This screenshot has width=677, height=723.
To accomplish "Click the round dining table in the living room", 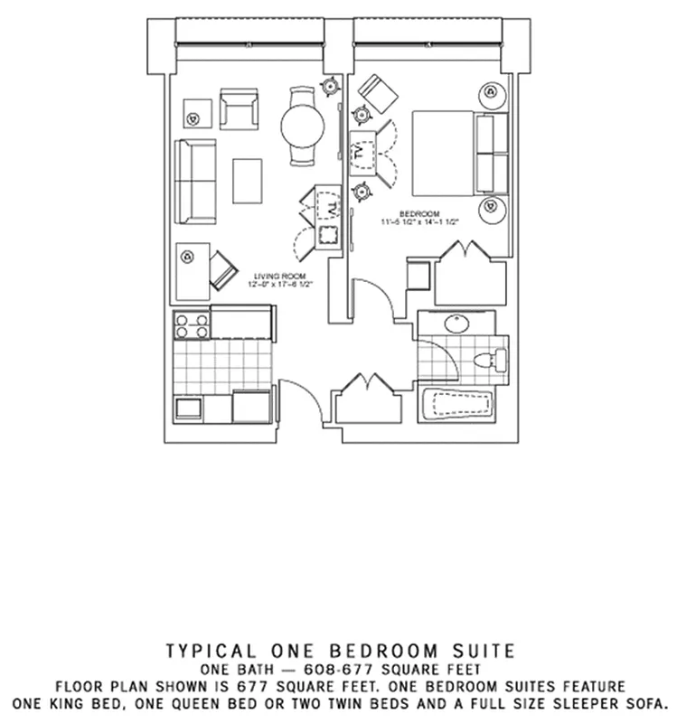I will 302,127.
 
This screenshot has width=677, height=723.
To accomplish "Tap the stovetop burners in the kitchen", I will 191,325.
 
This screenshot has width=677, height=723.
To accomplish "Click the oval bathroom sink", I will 456,324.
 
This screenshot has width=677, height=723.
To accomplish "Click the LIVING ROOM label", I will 279,276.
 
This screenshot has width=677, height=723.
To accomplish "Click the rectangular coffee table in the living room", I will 247,181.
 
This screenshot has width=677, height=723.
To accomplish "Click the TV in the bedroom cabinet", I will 363,154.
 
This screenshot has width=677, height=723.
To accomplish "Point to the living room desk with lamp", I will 192,270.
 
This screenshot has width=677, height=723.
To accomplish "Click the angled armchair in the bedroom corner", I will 375,91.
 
